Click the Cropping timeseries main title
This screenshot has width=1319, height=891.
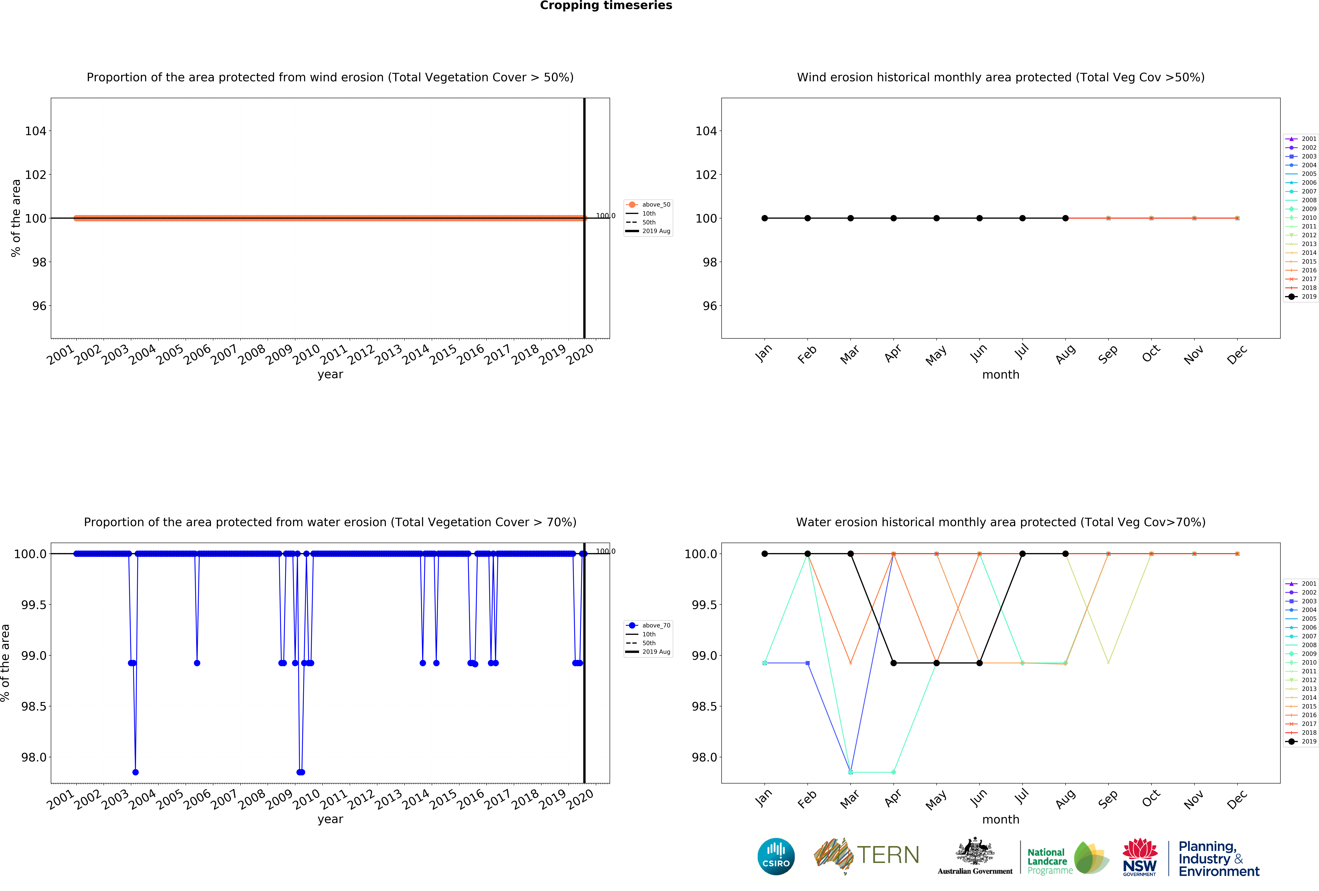[x=606, y=6]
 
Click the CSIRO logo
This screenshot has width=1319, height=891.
[x=776, y=856]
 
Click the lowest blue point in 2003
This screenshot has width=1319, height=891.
[x=135, y=772]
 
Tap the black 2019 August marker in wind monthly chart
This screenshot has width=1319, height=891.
[x=1065, y=218]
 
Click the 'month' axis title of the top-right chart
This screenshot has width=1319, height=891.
[x=1001, y=375]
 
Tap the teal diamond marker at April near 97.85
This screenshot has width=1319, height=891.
[x=893, y=772]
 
